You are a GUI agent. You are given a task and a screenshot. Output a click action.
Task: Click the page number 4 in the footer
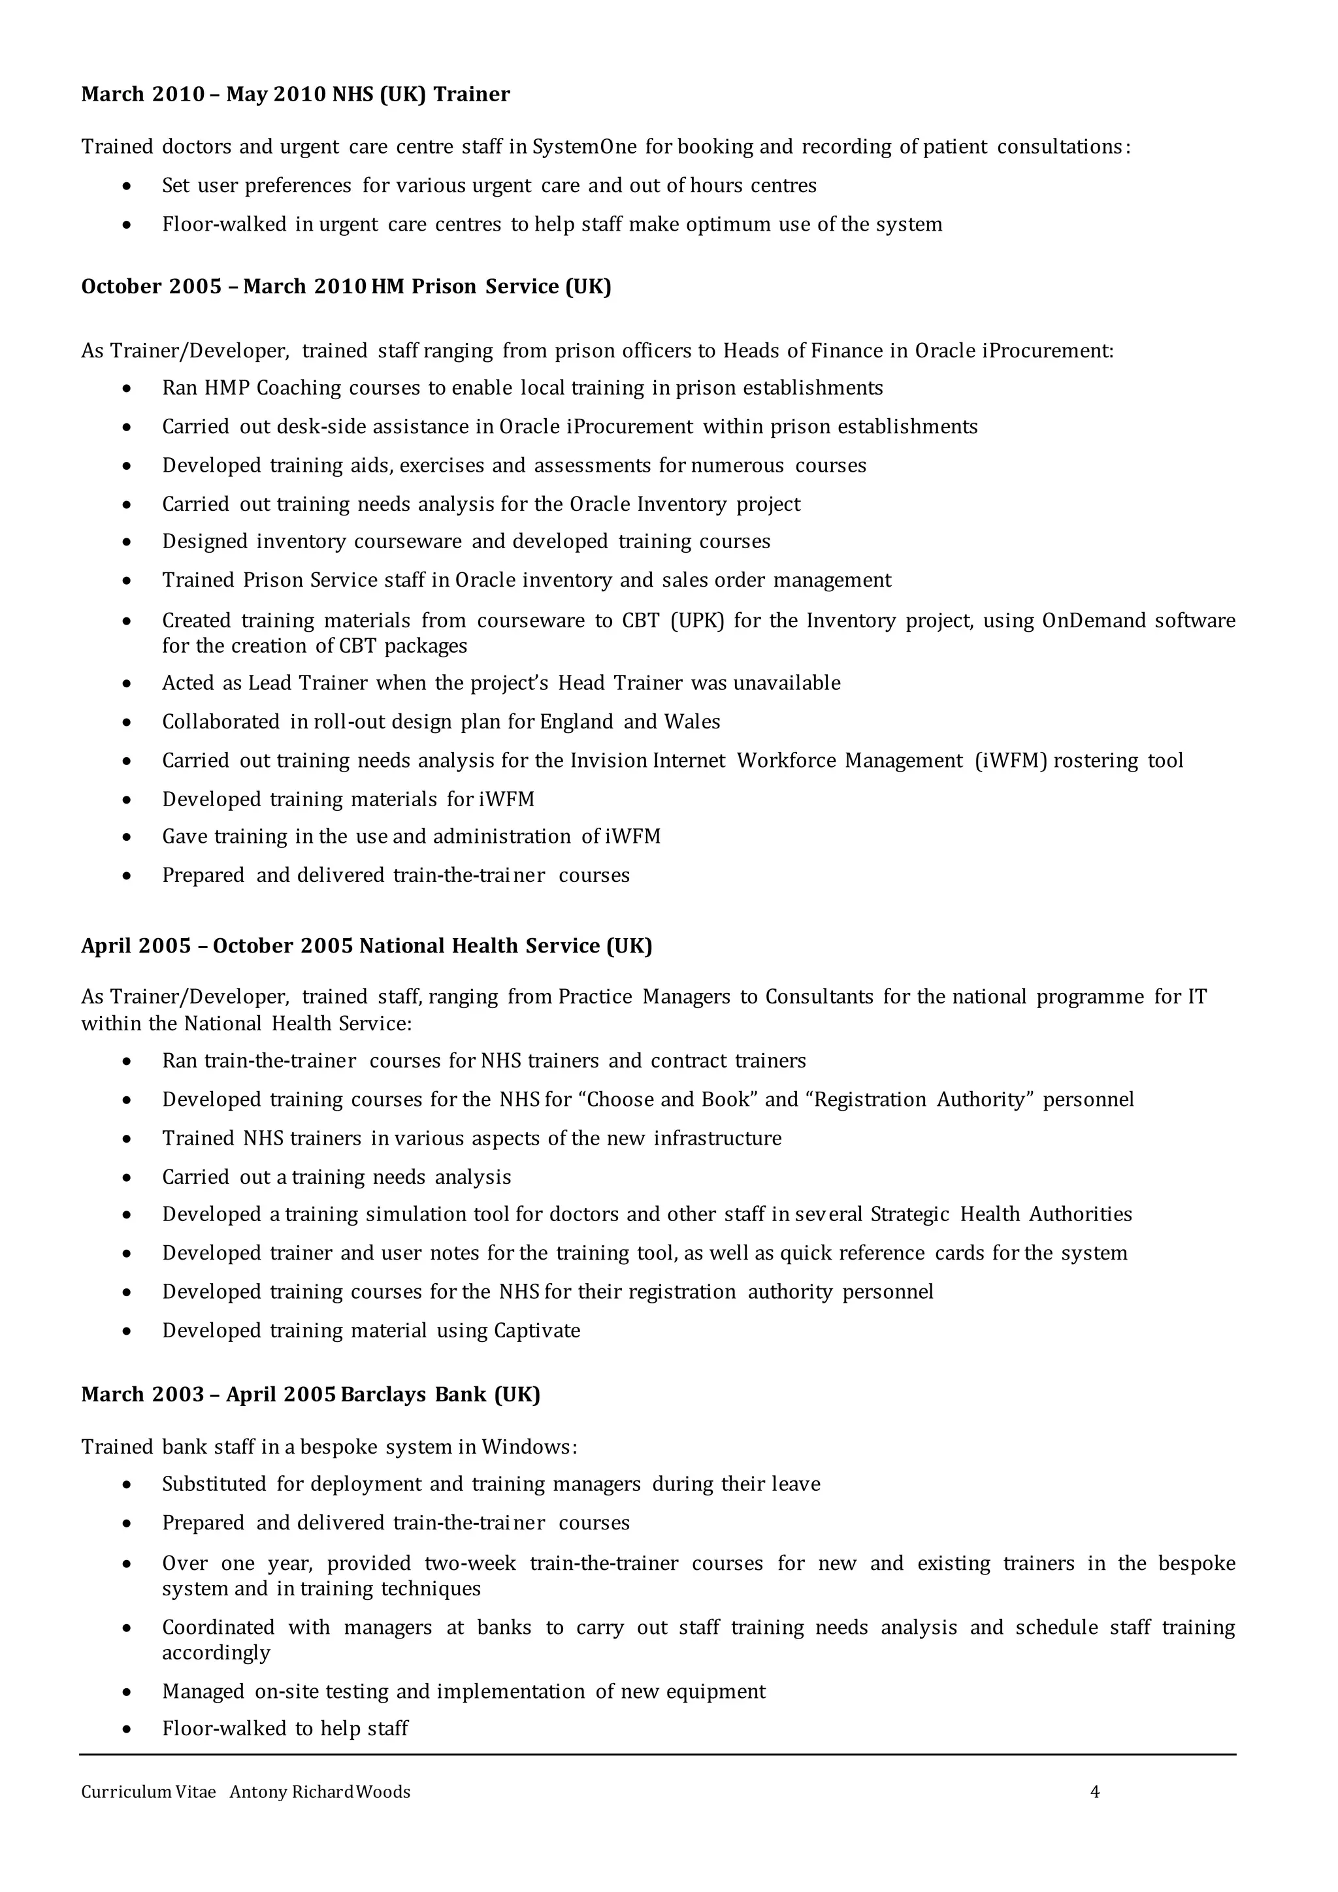point(1095,1791)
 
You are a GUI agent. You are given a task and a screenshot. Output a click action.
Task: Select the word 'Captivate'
point(537,1330)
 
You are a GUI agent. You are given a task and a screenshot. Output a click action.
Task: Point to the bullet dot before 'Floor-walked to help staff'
point(126,1728)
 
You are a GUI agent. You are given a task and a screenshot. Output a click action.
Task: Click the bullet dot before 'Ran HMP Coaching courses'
point(126,388)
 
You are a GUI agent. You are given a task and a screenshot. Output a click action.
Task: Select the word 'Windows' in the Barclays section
point(527,1447)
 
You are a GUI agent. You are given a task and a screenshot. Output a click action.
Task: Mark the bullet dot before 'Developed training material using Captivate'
point(126,1331)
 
